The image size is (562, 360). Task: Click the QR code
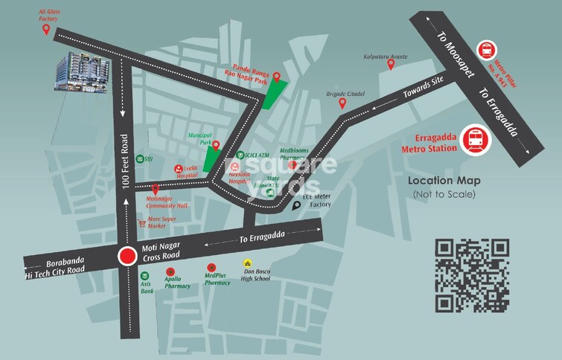tap(472, 275)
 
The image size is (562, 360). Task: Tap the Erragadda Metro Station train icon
tap(474, 140)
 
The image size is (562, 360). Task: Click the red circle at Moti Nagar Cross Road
tap(127, 257)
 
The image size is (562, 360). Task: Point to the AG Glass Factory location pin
tap(47, 30)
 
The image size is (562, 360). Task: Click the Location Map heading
tap(444, 181)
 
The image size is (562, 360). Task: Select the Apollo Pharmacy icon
tap(170, 271)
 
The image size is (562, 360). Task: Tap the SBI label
tap(149, 158)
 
